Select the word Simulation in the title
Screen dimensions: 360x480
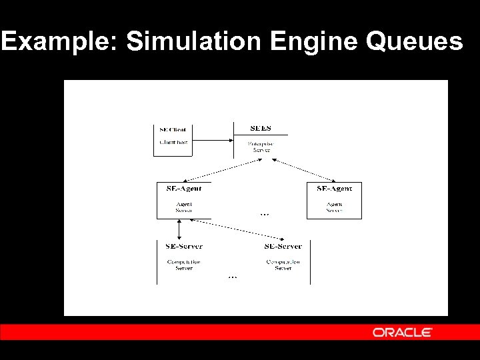point(194,41)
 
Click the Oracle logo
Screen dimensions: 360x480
point(403,332)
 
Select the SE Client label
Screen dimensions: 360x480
point(173,129)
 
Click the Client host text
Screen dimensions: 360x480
point(173,142)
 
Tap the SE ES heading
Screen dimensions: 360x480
point(261,128)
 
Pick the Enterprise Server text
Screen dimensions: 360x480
point(261,147)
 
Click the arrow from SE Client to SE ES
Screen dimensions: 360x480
point(212,140)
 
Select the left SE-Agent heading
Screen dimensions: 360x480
point(183,189)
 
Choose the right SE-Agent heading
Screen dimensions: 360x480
point(334,189)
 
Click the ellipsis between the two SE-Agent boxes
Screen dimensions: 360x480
point(265,215)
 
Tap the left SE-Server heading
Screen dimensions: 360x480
point(184,247)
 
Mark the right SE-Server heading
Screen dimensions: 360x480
point(283,247)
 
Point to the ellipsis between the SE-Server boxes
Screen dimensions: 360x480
point(232,277)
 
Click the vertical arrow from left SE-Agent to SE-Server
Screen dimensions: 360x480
point(179,229)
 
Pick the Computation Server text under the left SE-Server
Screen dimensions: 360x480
point(184,265)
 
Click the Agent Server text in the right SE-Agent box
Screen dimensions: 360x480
point(334,207)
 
